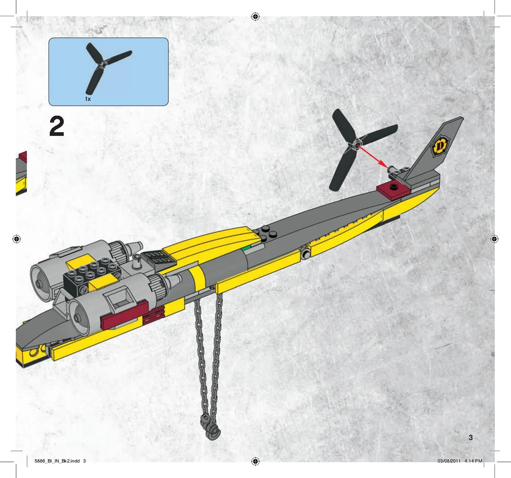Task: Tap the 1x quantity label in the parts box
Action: [x=88, y=99]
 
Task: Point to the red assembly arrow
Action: [x=372, y=157]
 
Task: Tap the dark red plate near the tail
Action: [x=393, y=190]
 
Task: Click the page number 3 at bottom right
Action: [x=470, y=437]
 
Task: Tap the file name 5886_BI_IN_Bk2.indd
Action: [x=57, y=461]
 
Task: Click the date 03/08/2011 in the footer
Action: [x=449, y=461]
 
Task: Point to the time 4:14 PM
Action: [x=473, y=461]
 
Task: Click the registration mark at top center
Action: [x=255, y=17]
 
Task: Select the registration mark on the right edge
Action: [x=494, y=239]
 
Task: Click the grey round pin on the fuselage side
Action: [x=305, y=255]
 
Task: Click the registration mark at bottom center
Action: [x=255, y=461]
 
